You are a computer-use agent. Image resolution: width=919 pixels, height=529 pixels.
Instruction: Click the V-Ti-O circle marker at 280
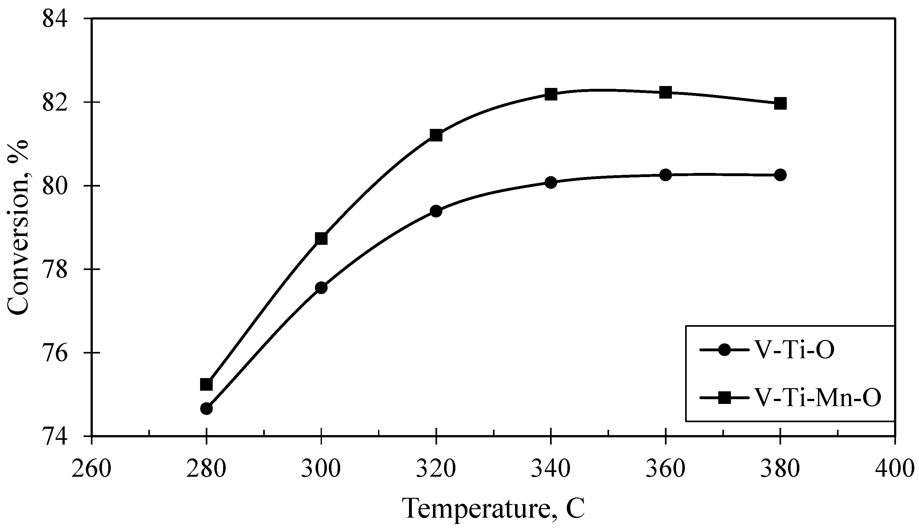206,408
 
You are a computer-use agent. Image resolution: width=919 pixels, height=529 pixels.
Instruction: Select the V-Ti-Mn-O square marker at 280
206,384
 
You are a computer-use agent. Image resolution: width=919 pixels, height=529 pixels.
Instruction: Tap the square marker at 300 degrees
321,239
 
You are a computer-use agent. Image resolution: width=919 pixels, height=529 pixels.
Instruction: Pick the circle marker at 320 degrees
436,211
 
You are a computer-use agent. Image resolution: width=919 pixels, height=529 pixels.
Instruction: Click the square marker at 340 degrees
551,94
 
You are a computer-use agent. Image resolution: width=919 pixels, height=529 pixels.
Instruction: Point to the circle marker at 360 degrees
665,175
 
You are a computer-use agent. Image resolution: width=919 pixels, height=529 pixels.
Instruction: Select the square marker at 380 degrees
780,103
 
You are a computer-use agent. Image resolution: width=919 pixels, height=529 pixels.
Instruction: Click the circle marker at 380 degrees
780,175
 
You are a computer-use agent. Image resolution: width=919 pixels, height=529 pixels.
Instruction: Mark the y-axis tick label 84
55,19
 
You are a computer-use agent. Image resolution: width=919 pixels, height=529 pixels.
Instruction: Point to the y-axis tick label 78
55,270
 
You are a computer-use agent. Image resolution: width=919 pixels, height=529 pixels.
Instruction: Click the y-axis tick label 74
55,436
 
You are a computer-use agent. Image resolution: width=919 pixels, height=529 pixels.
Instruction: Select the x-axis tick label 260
91,469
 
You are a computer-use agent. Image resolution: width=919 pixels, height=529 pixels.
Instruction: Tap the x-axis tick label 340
551,469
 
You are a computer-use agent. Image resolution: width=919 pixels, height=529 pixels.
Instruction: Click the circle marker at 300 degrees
321,288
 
